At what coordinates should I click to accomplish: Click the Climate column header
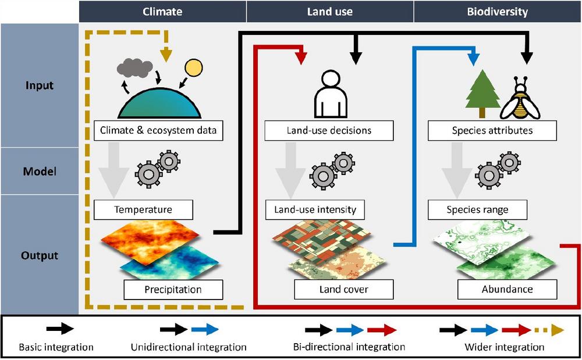coord(162,11)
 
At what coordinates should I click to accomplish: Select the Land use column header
coord(330,11)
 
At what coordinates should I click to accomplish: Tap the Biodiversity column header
coord(497,11)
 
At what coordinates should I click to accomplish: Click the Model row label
coord(40,171)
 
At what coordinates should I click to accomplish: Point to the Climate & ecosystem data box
coord(158,130)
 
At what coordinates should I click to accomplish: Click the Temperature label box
coord(143,209)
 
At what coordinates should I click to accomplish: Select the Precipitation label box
coord(173,289)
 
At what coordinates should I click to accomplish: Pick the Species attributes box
coord(492,130)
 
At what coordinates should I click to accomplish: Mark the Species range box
coord(477,209)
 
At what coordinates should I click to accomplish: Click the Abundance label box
coord(507,289)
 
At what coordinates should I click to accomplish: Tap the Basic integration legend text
coord(56,347)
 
